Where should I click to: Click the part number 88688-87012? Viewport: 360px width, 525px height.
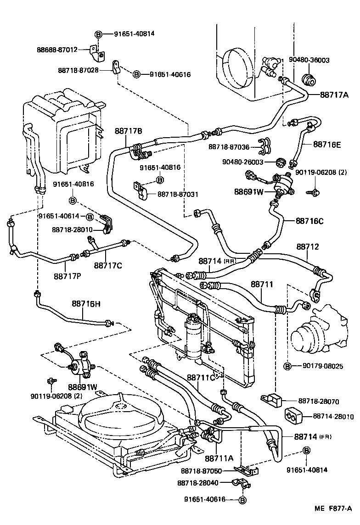point(57,50)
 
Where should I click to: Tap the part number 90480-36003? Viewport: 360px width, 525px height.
point(309,60)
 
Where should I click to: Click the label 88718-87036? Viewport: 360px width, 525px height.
point(229,146)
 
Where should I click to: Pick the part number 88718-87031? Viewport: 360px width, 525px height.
point(178,195)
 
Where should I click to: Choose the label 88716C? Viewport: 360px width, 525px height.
point(309,221)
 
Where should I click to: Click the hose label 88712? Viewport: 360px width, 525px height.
point(307,246)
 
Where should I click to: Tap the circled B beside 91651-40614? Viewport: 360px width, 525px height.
point(90,216)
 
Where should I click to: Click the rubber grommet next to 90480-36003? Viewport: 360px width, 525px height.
point(309,79)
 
